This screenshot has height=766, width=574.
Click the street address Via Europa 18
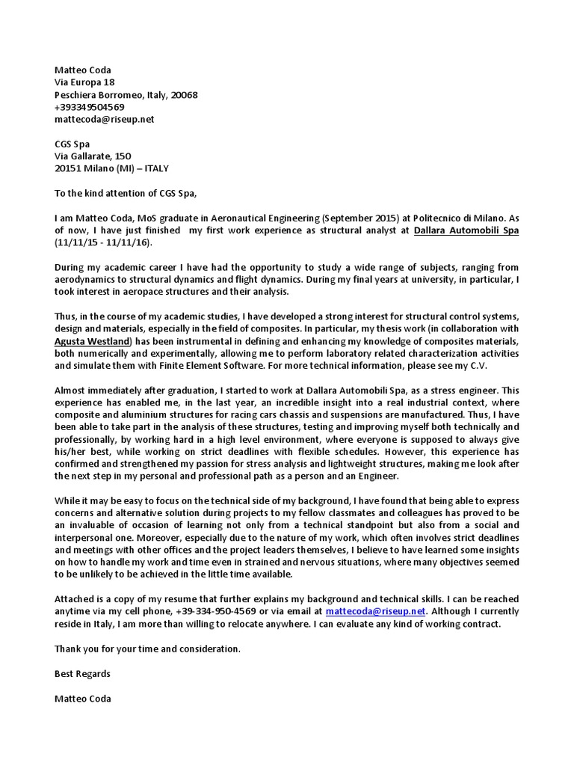[84, 82]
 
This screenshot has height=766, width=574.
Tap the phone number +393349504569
[89, 107]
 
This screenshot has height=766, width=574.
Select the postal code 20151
[68, 168]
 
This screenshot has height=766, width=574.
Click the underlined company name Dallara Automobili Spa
[466, 230]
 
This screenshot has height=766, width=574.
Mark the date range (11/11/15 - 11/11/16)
[107, 243]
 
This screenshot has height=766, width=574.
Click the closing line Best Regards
[82, 673]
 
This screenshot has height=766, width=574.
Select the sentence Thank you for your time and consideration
[147, 649]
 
